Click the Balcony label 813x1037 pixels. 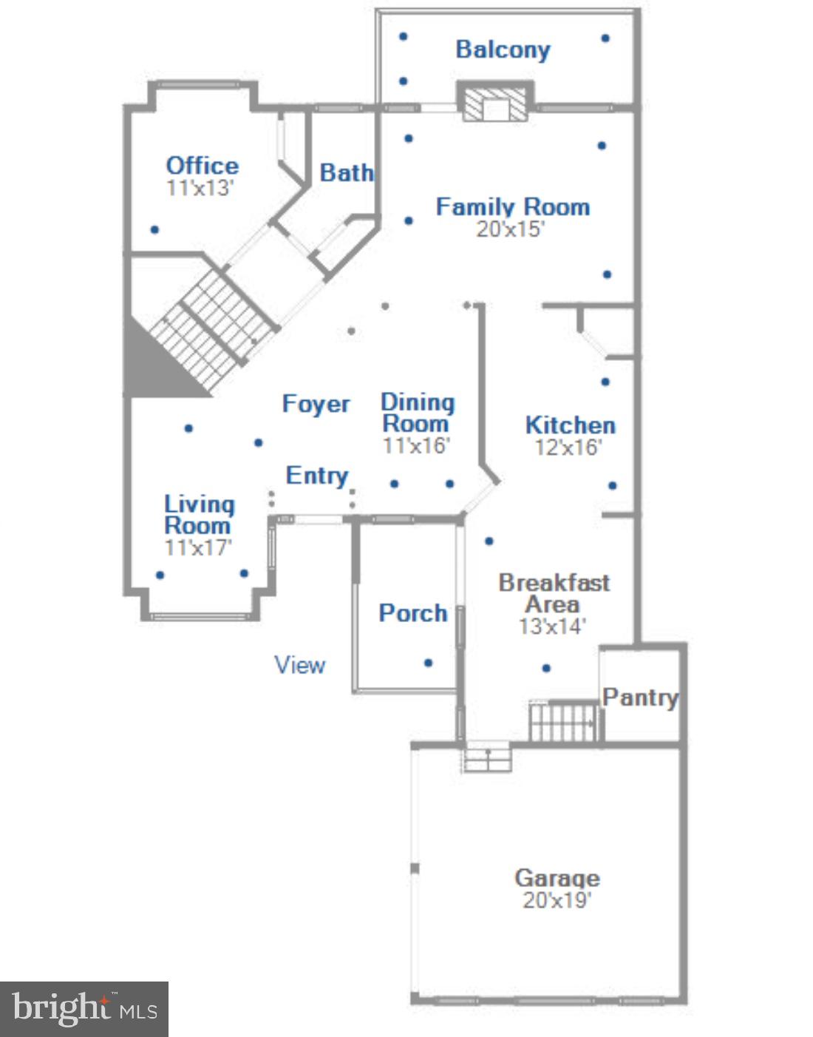coord(503,50)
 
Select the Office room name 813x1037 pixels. coord(202,166)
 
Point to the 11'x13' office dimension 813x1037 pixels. coord(200,188)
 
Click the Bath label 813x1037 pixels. coord(346,173)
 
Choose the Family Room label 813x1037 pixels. coord(512,207)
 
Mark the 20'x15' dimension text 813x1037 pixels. coord(510,229)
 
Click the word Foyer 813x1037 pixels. coord(316,405)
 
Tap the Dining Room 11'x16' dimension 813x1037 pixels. coord(416,446)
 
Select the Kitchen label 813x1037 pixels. coord(570,425)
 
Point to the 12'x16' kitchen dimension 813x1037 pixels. coord(568,447)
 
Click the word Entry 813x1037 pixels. coord(316,476)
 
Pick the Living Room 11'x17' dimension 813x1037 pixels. coord(198,548)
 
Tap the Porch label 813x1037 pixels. coord(412,613)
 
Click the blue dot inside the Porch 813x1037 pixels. coord(428,663)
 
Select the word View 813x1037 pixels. coord(299,665)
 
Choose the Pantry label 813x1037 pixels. coord(640,697)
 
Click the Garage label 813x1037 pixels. coord(557,878)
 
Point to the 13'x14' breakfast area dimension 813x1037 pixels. coord(551,626)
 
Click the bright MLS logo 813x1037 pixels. coord(84,1009)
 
